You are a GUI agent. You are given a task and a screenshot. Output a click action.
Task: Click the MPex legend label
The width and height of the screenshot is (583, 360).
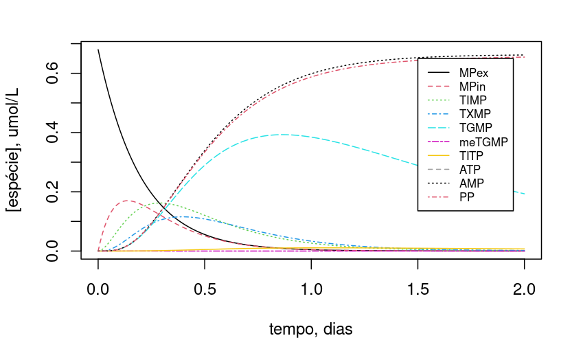click(x=474, y=72)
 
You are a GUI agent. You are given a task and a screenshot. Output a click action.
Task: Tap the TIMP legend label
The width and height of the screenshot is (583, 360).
click(x=473, y=100)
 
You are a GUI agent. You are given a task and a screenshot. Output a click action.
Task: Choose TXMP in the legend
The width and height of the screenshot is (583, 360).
click(x=475, y=114)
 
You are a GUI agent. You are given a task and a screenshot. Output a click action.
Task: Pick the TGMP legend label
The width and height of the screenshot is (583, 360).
click(x=475, y=128)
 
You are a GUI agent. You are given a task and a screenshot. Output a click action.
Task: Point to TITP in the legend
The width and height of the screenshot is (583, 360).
click(x=472, y=156)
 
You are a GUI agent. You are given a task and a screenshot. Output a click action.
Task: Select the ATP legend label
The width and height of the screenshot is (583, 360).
click(x=470, y=170)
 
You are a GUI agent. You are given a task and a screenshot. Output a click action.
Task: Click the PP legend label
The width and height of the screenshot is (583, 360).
click(x=467, y=198)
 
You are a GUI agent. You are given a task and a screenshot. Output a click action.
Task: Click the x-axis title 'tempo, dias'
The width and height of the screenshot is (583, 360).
click(x=311, y=329)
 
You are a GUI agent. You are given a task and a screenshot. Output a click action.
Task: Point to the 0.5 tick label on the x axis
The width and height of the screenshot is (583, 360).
click(x=205, y=286)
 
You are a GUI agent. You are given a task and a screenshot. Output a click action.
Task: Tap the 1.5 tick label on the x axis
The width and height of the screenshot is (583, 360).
click(x=418, y=286)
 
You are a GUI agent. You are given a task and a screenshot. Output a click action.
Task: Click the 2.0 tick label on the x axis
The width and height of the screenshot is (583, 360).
click(x=525, y=286)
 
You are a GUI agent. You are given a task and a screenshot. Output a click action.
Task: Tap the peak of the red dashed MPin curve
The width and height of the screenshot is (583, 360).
click(x=128, y=201)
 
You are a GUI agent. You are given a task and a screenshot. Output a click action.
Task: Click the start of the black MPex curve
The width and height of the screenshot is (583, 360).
click(x=98, y=49)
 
